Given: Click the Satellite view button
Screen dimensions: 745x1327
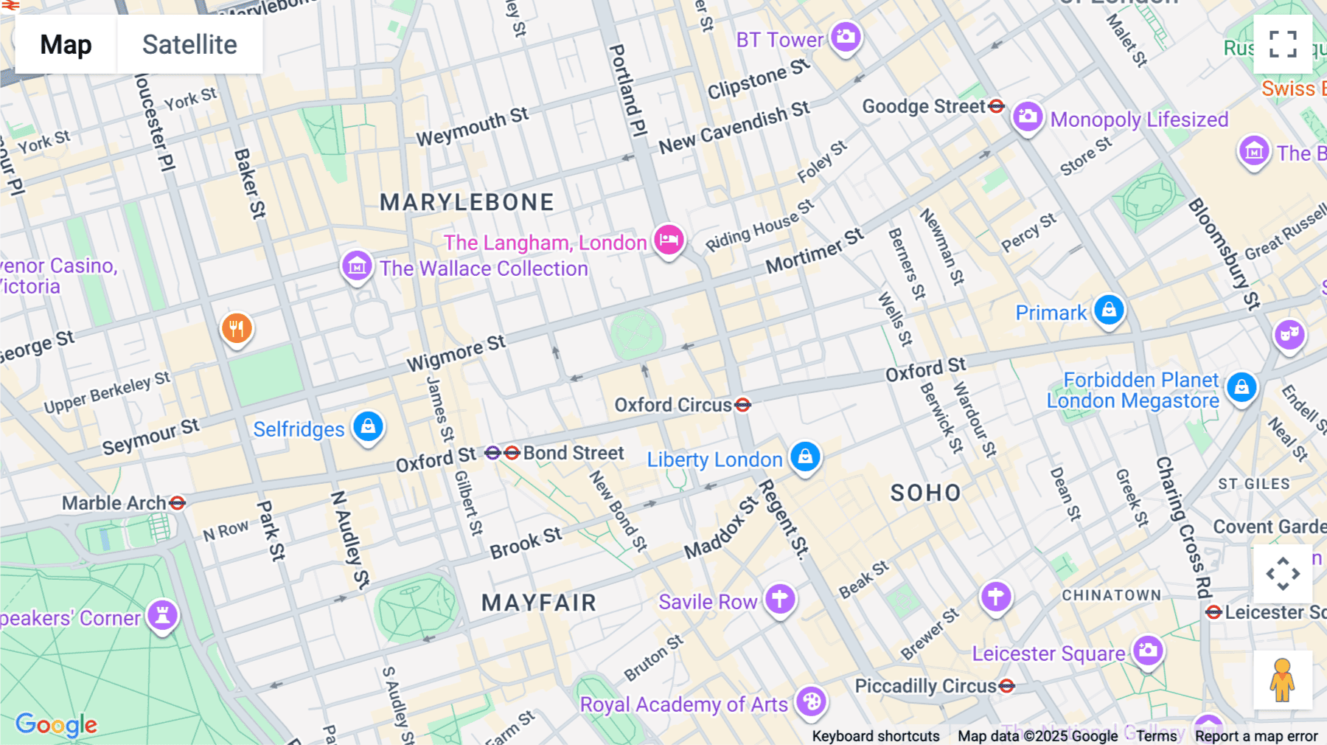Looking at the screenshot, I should [x=189, y=44].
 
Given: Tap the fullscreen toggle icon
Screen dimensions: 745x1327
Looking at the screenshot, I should [x=1283, y=44].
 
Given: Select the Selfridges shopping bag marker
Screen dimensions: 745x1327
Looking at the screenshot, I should [x=368, y=426].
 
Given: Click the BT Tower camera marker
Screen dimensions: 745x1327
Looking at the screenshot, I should [x=846, y=36].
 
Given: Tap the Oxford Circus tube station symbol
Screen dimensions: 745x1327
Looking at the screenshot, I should [x=743, y=404].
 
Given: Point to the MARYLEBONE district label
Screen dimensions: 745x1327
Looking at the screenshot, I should [x=467, y=202].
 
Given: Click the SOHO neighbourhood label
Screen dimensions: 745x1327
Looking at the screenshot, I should [x=926, y=493].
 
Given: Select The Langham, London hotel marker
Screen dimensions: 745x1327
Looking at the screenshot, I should [x=669, y=240].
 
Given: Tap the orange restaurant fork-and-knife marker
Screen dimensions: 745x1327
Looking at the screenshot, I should [x=237, y=328].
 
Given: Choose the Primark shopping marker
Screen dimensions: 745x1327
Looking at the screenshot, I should [x=1109, y=310].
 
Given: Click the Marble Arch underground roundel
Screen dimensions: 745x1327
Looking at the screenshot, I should [x=177, y=503].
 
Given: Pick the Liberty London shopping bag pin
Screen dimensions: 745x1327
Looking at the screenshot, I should [x=805, y=457].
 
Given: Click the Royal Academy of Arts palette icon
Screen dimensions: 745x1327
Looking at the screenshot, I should [x=811, y=701].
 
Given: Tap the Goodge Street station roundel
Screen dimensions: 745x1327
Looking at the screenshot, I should [x=996, y=106].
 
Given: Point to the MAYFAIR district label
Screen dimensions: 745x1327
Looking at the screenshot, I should [x=539, y=603].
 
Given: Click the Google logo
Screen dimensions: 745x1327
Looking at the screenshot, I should [x=56, y=725].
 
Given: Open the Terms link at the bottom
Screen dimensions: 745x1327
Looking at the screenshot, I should [x=1156, y=736].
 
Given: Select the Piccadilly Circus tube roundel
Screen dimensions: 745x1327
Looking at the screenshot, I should [x=1007, y=686].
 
